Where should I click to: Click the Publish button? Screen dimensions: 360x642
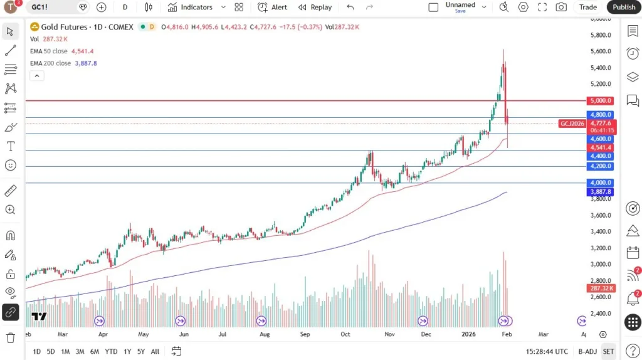(x=624, y=7)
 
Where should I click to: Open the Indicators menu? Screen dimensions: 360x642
(x=190, y=7)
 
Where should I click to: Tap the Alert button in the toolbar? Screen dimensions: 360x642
(x=273, y=7)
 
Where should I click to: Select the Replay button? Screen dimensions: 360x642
(x=315, y=7)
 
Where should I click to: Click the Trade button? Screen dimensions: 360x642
(x=587, y=7)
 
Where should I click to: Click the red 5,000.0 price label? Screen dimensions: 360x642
(x=601, y=100)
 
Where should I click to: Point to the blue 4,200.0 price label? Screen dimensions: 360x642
(x=601, y=166)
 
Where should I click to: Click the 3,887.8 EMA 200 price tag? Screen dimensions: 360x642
(x=601, y=191)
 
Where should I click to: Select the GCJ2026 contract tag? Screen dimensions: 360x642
(x=572, y=124)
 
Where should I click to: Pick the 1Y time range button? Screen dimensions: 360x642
(x=127, y=351)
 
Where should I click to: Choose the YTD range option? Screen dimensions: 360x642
(x=111, y=351)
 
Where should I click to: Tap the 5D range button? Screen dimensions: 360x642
(x=51, y=351)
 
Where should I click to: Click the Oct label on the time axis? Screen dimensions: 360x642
(x=345, y=334)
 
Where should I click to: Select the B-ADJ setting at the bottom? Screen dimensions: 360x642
(x=587, y=351)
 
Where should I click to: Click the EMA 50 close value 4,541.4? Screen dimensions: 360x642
(x=83, y=51)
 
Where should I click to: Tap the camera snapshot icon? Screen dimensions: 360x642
(x=561, y=7)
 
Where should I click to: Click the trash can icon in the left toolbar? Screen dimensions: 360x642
(x=10, y=337)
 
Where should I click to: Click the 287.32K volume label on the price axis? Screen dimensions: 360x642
(x=601, y=288)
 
